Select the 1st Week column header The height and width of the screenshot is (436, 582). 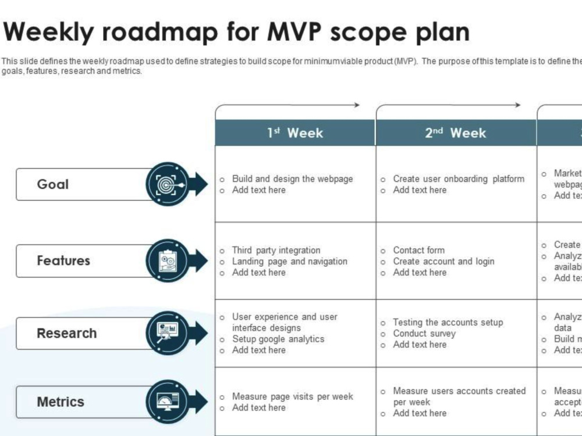[x=295, y=133]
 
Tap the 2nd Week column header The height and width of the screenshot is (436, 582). [x=456, y=133]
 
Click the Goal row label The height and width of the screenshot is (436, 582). [x=53, y=184]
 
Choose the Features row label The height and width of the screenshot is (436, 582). [x=63, y=260]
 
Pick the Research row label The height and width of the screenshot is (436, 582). [x=67, y=333]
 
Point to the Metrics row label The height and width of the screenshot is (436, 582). [x=61, y=402]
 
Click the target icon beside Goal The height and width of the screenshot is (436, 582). [x=167, y=184]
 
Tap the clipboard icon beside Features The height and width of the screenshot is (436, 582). [x=167, y=260]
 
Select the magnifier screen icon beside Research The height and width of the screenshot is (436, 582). [x=167, y=333]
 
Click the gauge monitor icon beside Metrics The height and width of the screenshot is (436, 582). [x=167, y=401]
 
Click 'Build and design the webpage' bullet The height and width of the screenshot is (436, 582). [x=292, y=179]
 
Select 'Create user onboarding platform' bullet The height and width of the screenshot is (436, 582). [x=458, y=179]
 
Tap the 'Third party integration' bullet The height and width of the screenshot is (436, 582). [x=276, y=251]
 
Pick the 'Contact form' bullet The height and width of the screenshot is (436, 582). [x=418, y=251]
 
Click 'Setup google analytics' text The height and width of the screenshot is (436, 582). [x=278, y=339]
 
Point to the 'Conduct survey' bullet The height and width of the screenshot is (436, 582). [x=424, y=334]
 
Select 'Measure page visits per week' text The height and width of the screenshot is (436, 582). [x=292, y=396]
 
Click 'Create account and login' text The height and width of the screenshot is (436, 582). [x=443, y=262]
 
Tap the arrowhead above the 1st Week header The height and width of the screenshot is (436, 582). [x=356, y=105]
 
